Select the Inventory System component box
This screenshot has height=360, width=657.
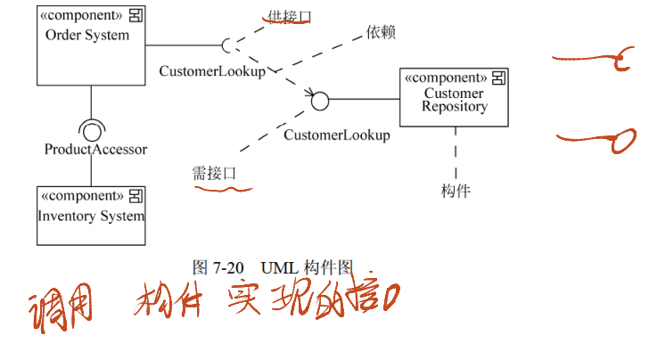pyautogui.click(x=90, y=215)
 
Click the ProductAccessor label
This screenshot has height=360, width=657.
pyautogui.click(x=95, y=149)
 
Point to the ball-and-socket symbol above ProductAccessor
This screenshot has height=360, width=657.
pyautogui.click(x=91, y=127)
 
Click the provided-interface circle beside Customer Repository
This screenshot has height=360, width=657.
pyautogui.click(x=320, y=100)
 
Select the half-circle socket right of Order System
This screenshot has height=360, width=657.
pyautogui.click(x=228, y=45)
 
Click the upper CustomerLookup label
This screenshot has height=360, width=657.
pyautogui.click(x=211, y=71)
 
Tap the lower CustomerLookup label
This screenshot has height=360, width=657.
pyautogui.click(x=336, y=135)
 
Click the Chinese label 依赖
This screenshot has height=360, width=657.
pyautogui.click(x=381, y=33)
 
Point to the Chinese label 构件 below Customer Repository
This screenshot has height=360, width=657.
pyautogui.click(x=456, y=190)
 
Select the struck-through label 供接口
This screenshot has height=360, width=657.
pyautogui.click(x=290, y=16)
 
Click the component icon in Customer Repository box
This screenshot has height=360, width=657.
pyautogui.click(x=501, y=77)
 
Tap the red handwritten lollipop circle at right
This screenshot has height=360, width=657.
pyautogui.click(x=621, y=140)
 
